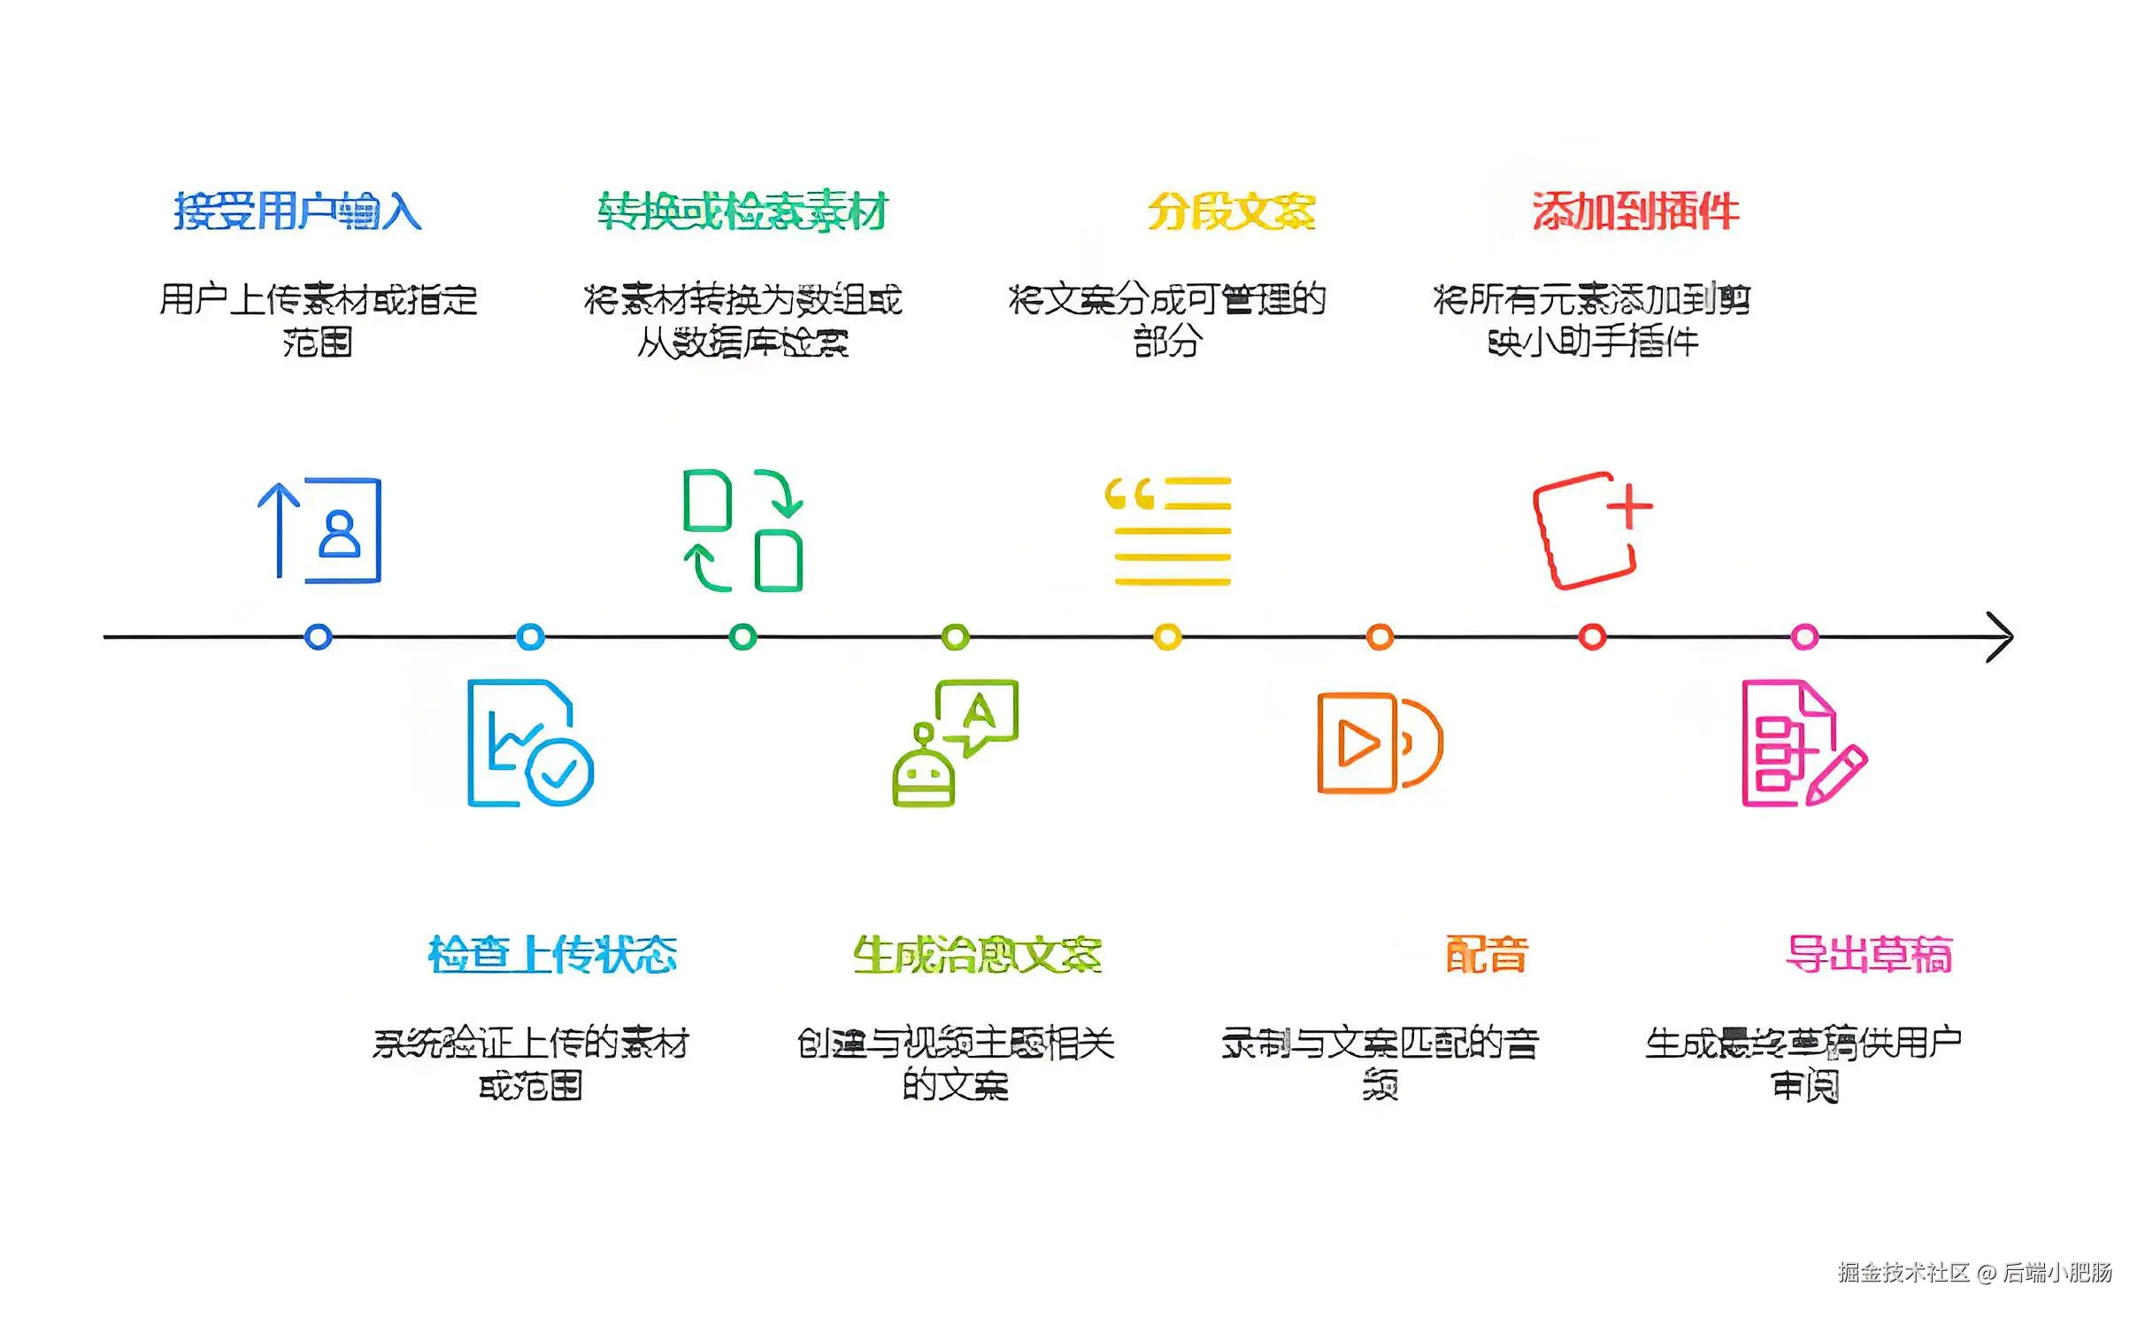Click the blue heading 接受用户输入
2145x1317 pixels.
[x=297, y=212]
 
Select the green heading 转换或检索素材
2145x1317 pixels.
[x=742, y=212]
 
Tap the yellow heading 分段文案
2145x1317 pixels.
[x=1231, y=212]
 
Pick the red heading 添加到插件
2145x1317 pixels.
[x=1635, y=212]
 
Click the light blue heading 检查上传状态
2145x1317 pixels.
[x=552, y=955]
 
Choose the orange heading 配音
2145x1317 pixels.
[x=1487, y=955]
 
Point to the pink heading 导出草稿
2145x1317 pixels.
[x=1869, y=955]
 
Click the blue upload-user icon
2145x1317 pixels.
[x=320, y=530]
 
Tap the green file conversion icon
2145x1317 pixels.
[x=743, y=530]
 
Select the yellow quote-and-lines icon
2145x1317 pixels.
[x=1168, y=530]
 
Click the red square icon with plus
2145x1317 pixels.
[x=1591, y=530]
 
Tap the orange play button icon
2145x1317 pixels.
[x=1380, y=743]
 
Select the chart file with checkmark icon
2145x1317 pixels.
[x=530, y=743]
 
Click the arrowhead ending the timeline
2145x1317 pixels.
[x=2002, y=636]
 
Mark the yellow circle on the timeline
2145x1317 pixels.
[x=1168, y=636]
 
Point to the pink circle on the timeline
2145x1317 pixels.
[x=1804, y=636]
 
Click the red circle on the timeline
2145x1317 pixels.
[x=1592, y=636]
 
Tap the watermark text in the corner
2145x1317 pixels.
[x=1974, y=1273]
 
